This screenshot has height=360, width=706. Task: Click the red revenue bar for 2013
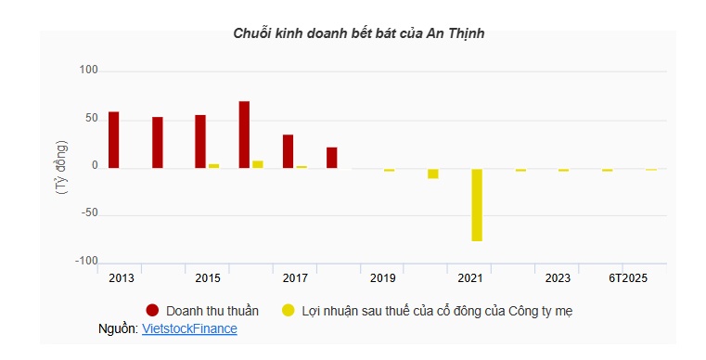tap(114, 140)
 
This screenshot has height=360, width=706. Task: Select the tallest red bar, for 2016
tap(244, 135)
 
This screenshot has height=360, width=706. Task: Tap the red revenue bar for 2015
tap(200, 142)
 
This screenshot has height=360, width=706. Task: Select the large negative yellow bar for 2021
tap(477, 205)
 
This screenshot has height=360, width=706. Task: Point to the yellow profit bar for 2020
tap(433, 174)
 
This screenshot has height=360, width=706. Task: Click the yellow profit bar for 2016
tap(258, 164)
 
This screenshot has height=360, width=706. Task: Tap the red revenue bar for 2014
tap(158, 143)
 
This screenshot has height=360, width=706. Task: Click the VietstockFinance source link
tap(189, 328)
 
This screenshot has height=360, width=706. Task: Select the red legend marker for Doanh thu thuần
tap(153, 310)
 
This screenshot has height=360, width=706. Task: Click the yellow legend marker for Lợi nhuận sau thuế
tap(289, 310)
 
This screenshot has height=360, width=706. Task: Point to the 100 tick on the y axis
tap(88, 71)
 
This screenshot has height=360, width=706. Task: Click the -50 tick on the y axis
tap(88, 214)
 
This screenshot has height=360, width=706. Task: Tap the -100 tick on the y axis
tap(86, 263)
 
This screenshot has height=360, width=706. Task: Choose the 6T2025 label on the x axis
tap(628, 278)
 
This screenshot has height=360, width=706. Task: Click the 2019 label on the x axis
tap(382, 278)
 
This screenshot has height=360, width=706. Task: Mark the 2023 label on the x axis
tap(558, 278)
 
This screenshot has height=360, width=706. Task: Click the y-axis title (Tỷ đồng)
tap(61, 166)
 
